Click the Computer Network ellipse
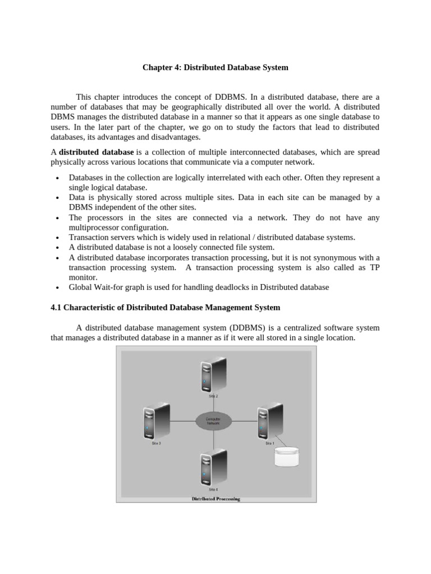213,420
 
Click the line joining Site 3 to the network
183,420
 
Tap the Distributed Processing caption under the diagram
216,499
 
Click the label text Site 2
213,396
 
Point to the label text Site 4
213,489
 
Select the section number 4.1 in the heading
56,308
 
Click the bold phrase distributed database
96,152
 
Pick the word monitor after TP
83,277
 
